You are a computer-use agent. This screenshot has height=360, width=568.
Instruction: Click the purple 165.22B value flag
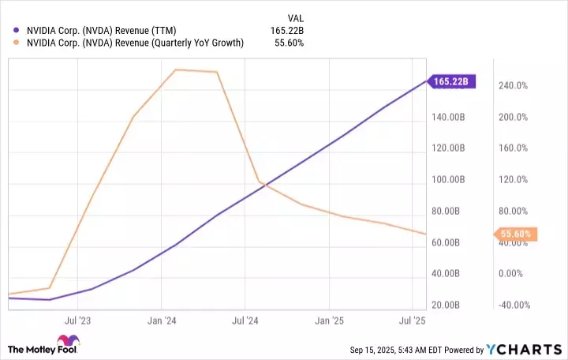(450, 81)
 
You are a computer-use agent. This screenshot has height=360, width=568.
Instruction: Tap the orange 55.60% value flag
(515, 234)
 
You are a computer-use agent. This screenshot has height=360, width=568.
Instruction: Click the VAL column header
(294, 17)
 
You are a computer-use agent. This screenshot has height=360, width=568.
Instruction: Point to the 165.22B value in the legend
(286, 30)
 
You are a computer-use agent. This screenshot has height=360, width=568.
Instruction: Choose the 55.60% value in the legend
(290, 43)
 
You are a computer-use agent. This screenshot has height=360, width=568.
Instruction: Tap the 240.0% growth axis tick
(513, 86)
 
